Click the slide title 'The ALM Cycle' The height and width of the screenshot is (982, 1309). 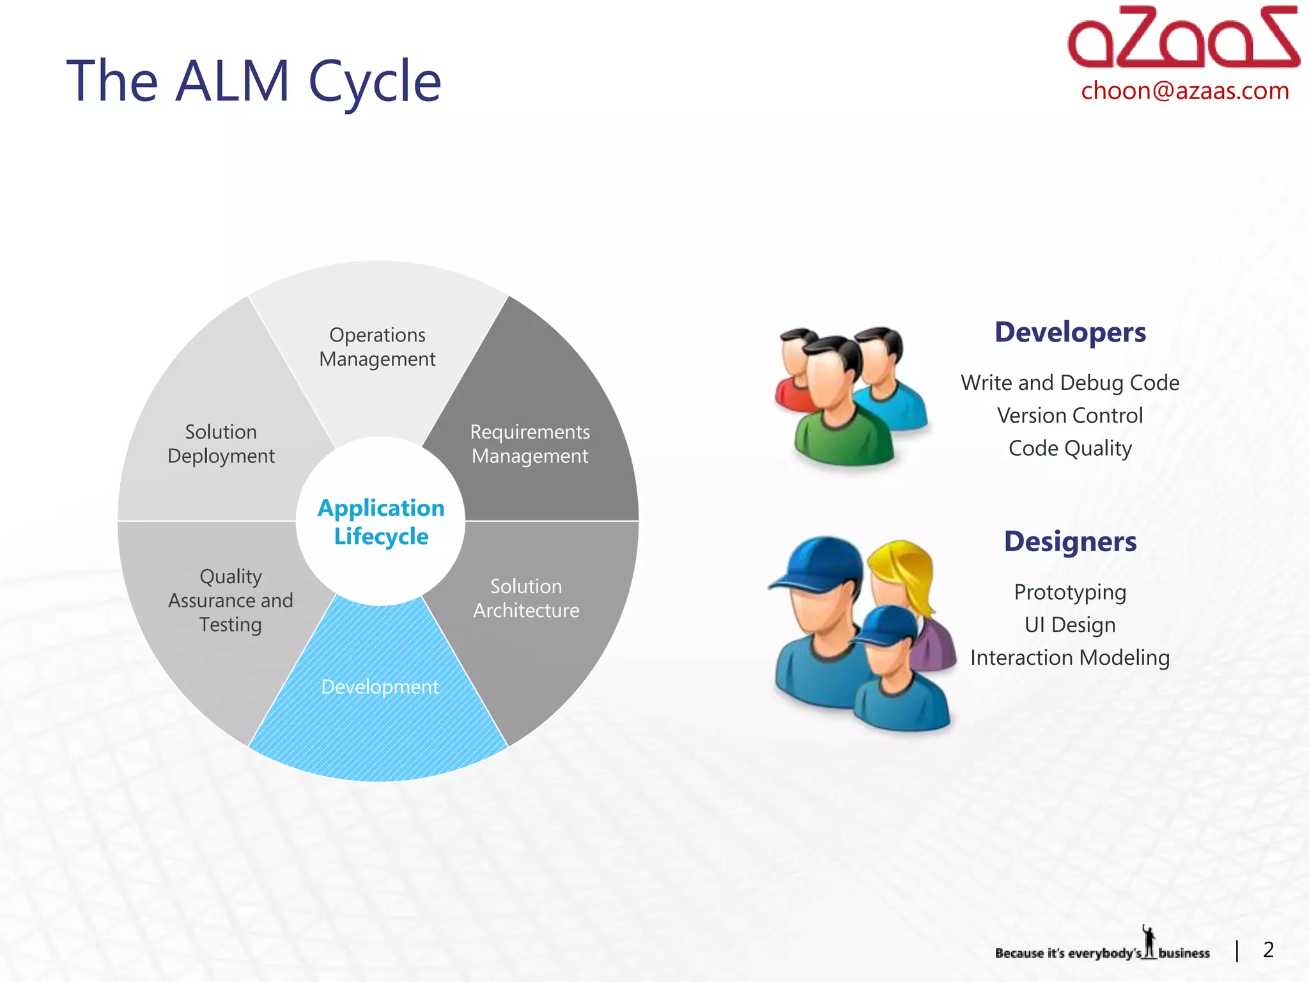[x=254, y=81]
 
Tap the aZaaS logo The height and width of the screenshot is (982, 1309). [x=1183, y=38]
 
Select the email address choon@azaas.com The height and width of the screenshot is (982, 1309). [x=1185, y=91]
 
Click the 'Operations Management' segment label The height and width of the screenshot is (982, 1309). [x=377, y=347]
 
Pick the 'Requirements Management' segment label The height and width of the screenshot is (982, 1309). [x=530, y=444]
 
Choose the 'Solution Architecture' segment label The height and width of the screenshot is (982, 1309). [x=526, y=598]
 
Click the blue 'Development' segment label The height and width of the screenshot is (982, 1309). [x=380, y=687]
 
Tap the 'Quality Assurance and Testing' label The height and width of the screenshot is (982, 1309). [x=231, y=600]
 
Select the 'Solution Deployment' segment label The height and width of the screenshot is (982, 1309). [x=221, y=444]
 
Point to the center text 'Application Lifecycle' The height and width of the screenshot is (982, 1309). [x=381, y=522]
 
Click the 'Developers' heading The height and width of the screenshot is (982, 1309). [x=1070, y=332]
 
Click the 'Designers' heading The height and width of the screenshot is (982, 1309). [x=1070, y=542]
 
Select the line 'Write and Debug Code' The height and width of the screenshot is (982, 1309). [x=1070, y=382]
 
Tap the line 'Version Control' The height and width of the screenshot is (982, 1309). [x=1070, y=416]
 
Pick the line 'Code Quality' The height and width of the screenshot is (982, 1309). [x=1070, y=448]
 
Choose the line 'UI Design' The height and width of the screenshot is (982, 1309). [x=1070, y=625]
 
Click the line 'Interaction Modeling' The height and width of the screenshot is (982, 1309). [x=1070, y=657]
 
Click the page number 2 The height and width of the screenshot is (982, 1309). [x=1268, y=950]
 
